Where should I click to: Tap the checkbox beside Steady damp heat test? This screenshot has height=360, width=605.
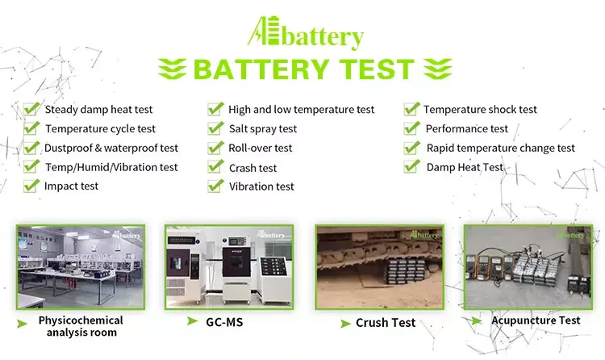point(31,108)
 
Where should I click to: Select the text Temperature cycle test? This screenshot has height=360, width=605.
point(100,128)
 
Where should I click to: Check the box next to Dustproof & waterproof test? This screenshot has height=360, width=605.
point(31,147)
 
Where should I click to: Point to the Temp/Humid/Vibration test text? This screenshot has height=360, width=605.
point(111,167)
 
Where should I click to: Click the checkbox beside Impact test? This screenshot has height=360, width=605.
point(31,185)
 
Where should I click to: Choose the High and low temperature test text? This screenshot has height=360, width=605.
point(301,109)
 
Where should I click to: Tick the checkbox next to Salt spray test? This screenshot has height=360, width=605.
point(215,128)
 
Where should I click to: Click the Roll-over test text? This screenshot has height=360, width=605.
point(261,148)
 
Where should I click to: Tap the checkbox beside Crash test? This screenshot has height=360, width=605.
point(215,166)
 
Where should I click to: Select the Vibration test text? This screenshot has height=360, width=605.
point(261,186)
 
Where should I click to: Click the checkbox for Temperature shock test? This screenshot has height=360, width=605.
point(411,108)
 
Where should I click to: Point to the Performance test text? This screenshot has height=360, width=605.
point(467,128)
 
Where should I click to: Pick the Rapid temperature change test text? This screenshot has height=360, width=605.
point(500,148)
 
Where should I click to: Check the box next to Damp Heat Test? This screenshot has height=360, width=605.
point(411,166)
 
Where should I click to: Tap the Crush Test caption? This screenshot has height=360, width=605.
point(386,323)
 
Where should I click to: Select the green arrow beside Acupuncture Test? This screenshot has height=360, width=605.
point(478,320)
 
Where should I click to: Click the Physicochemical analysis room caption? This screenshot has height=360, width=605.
point(81,326)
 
